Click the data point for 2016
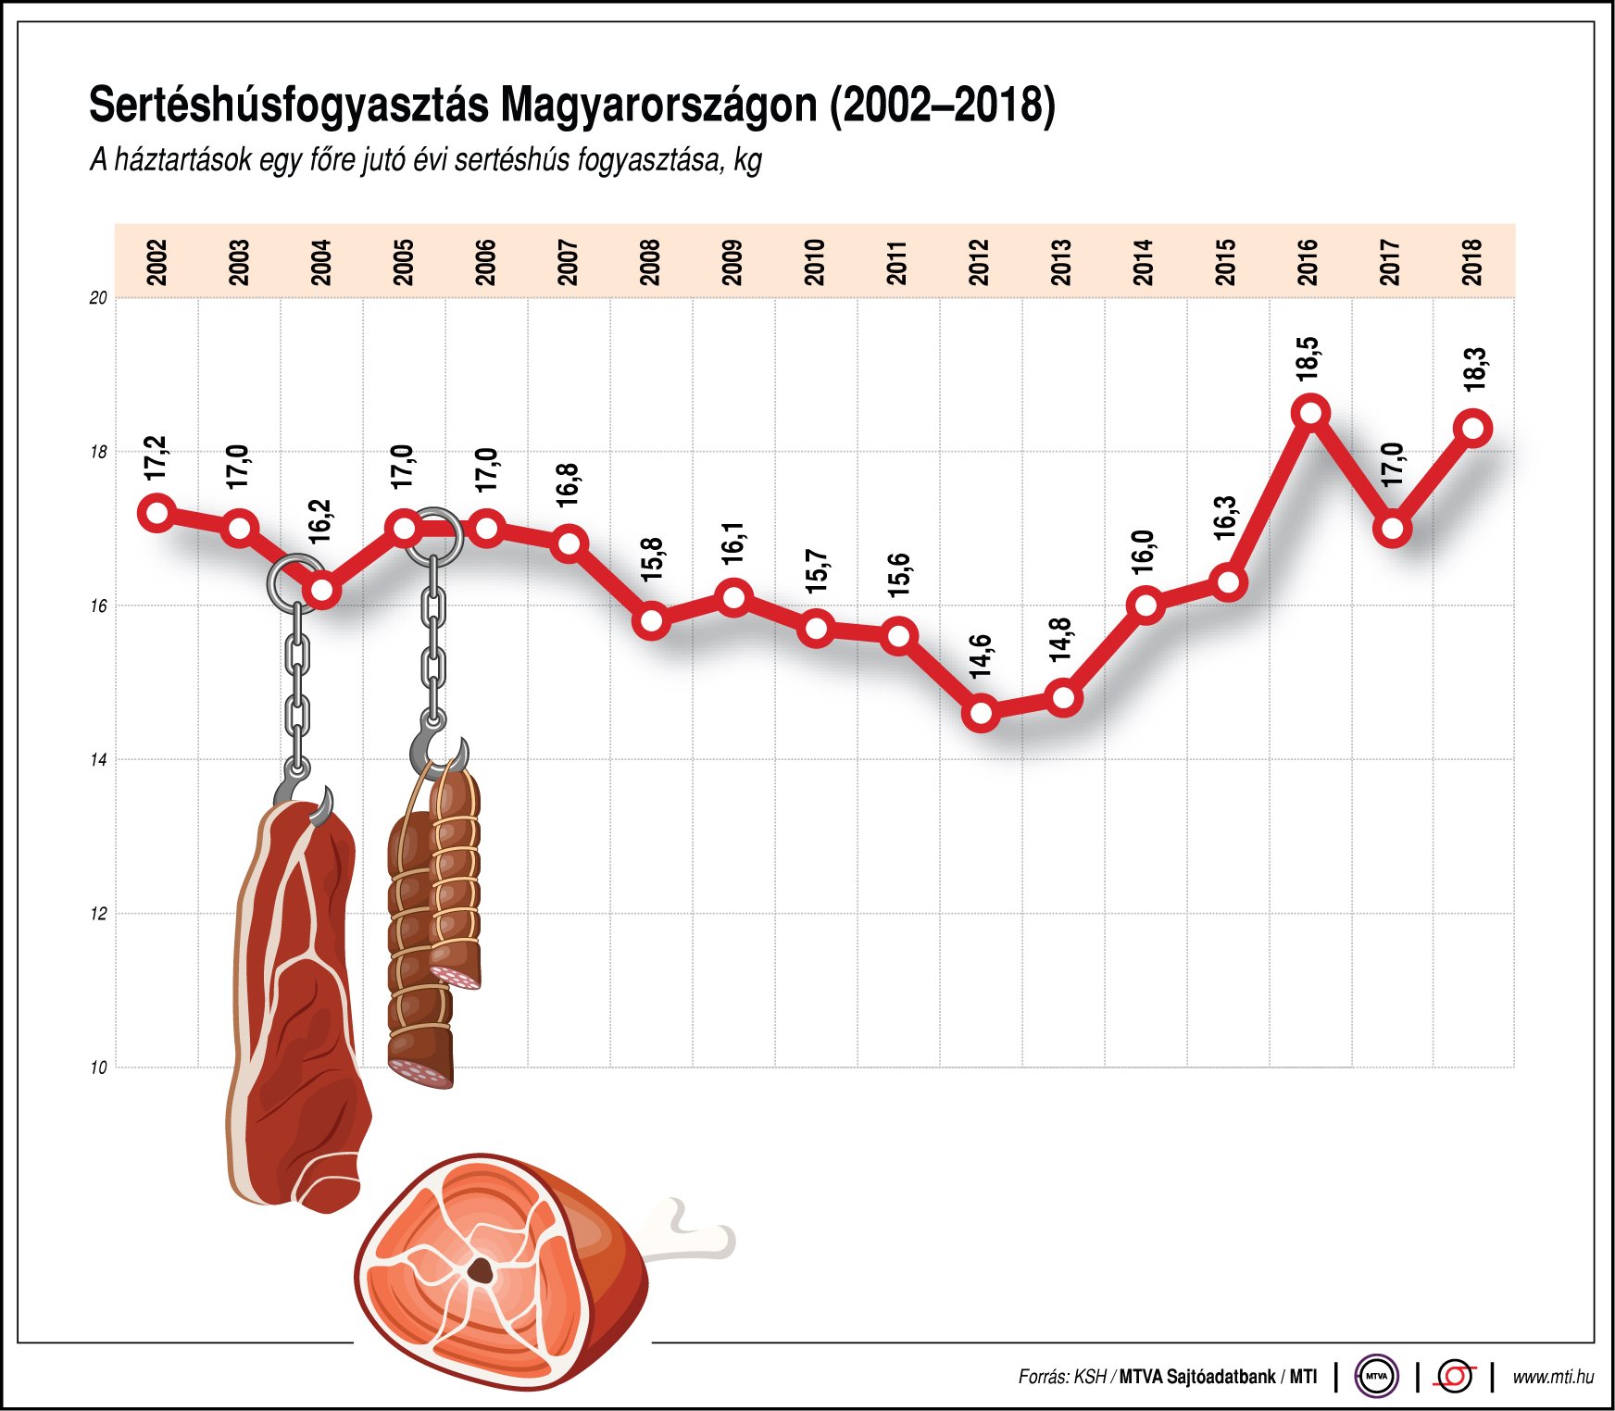[x=1310, y=412]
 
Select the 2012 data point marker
[x=981, y=714]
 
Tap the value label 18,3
[x=1474, y=368]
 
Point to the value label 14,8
[x=1060, y=639]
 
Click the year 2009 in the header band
[x=732, y=262]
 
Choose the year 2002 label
[x=156, y=262]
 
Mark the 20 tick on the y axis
[x=98, y=298]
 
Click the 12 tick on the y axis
[x=98, y=914]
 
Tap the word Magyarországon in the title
[x=658, y=106]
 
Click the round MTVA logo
[x=1376, y=1376]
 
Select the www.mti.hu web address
[x=1553, y=1377]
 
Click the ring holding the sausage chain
[x=433, y=537]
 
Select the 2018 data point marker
[x=1474, y=429]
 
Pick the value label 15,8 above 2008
[x=651, y=559]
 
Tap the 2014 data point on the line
[x=1146, y=606]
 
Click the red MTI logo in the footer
[x=1455, y=1376]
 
